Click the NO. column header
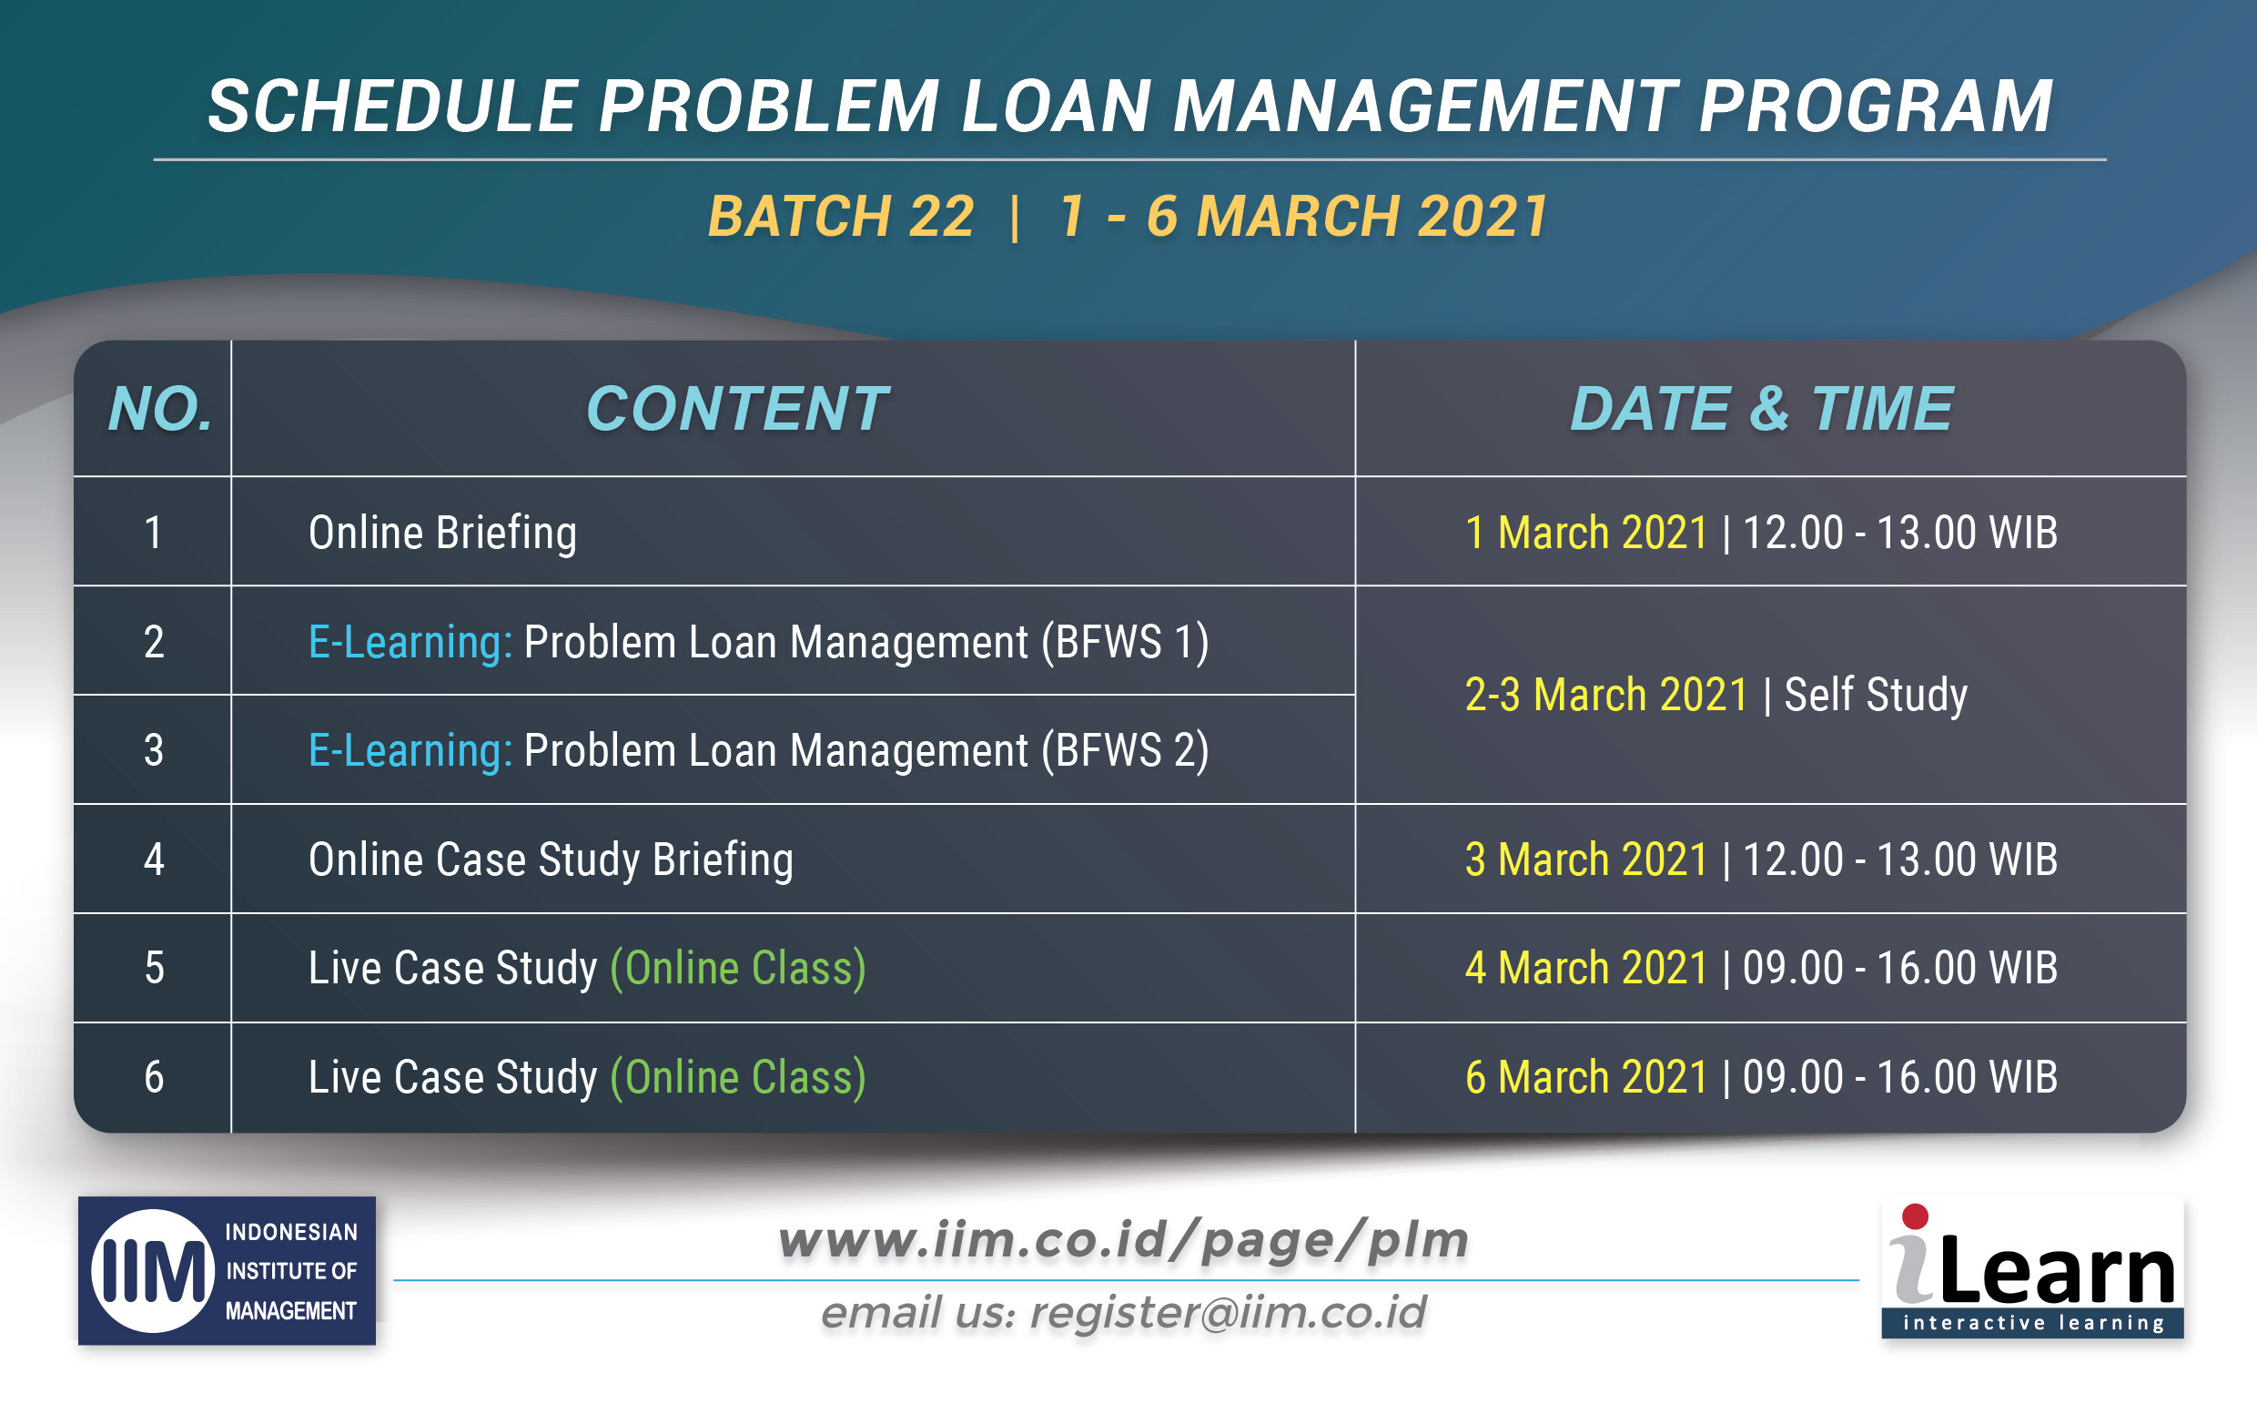(160, 409)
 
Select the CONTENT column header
(737, 409)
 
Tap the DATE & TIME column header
(1761, 409)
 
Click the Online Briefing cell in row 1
(442, 533)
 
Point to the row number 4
(154, 859)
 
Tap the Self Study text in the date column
(1876, 696)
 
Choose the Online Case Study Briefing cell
(552, 859)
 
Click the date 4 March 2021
(1586, 968)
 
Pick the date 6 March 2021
(1586, 1076)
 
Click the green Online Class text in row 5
(738, 969)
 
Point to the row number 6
(154, 1076)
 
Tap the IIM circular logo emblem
(153, 1270)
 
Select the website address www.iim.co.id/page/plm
(1124, 1240)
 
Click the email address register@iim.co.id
(1228, 1312)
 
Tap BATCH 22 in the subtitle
(841, 217)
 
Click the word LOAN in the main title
(1057, 105)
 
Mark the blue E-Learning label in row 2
(410, 643)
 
